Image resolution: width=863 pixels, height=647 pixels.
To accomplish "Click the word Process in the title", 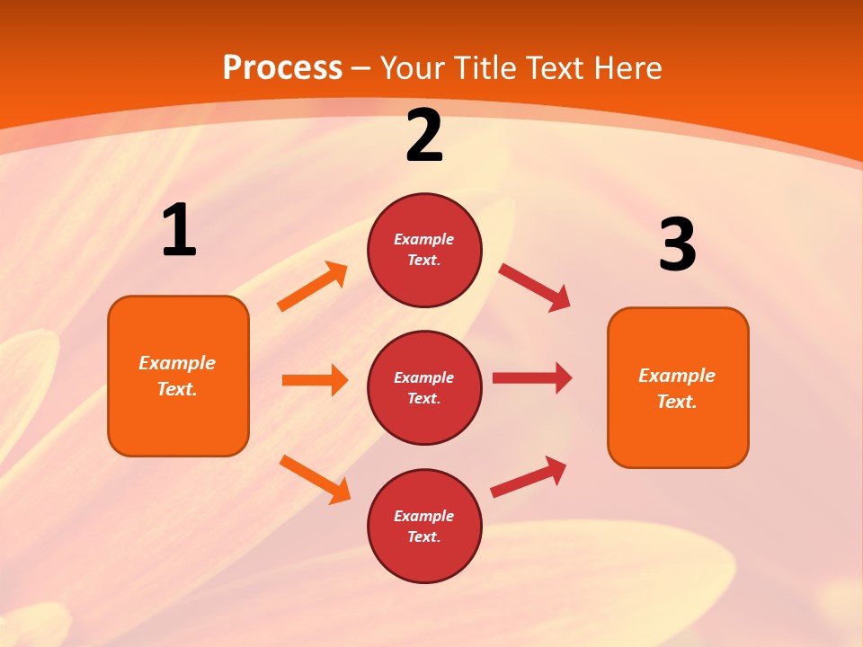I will (282, 68).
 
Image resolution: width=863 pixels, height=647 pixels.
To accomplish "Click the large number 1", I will (179, 231).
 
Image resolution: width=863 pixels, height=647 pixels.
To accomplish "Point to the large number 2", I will (424, 137).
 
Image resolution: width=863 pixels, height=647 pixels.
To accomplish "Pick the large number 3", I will (677, 245).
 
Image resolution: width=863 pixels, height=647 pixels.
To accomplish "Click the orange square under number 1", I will (178, 376).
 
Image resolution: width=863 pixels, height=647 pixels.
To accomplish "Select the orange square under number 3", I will (678, 387).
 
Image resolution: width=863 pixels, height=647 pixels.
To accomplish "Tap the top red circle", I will (424, 250).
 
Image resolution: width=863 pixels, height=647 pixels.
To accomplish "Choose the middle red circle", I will (424, 387).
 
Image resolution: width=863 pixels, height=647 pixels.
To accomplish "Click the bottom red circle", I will (424, 526).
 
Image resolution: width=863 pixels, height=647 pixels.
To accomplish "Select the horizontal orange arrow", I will (315, 380).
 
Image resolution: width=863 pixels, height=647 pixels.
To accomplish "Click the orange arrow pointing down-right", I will (316, 479).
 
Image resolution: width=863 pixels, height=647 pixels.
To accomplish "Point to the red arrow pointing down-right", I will (535, 288).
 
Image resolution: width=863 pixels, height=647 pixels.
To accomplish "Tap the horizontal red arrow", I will (532, 377).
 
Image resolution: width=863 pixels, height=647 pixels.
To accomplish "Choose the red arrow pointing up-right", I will (529, 476).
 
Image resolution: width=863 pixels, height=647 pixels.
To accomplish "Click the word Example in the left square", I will (177, 363).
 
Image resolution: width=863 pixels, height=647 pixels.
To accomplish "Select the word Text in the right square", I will (676, 402).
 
